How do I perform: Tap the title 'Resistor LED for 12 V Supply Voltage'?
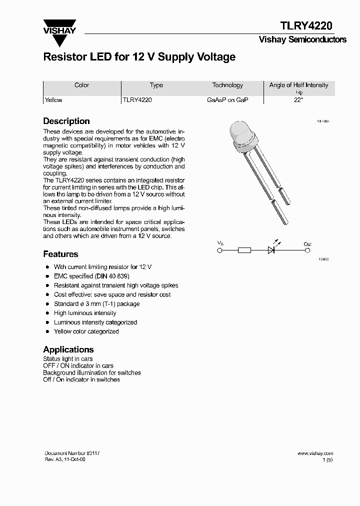[x=139, y=57]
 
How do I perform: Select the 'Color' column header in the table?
[x=81, y=85]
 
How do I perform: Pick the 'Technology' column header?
[x=227, y=85]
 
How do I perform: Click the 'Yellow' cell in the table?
[x=53, y=100]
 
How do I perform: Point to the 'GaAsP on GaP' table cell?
[x=227, y=100]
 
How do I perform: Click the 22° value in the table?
[x=298, y=100]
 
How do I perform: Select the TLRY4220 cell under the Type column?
[x=137, y=100]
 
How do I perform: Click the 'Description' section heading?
[x=66, y=121]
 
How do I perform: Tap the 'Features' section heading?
[x=60, y=254]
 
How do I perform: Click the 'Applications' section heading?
[x=68, y=349]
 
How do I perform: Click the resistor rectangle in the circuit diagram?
[x=244, y=250]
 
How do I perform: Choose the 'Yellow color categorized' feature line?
[x=86, y=331]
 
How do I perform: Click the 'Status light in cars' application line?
[x=67, y=359]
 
